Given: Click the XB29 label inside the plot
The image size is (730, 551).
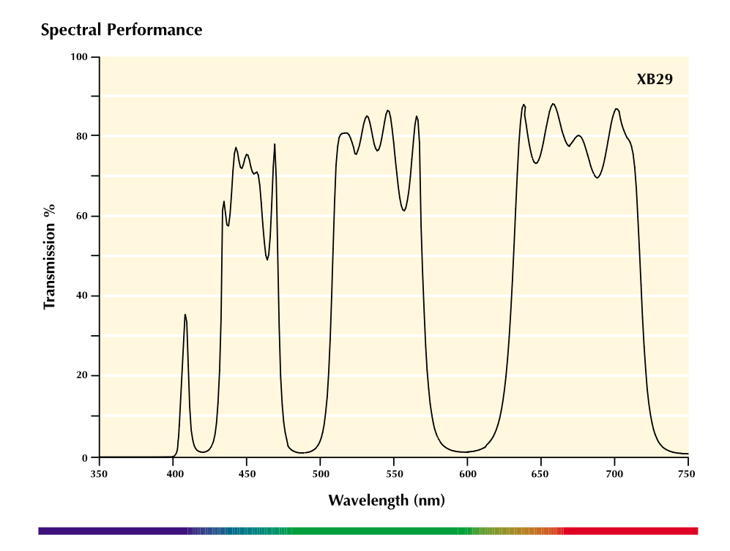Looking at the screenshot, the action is click(655, 79).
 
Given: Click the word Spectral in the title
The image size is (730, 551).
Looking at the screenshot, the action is click(71, 30).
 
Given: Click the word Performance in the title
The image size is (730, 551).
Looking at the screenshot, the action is click(154, 30).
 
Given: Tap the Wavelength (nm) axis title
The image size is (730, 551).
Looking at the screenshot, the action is click(387, 501).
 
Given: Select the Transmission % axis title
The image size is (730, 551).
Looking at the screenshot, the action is click(49, 256).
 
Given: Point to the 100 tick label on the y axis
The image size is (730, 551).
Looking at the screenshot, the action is click(78, 57).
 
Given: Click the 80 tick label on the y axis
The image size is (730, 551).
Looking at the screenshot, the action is click(81, 136).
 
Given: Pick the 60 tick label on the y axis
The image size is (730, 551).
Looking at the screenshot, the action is click(81, 216).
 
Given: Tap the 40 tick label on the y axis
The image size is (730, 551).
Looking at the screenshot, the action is click(81, 296).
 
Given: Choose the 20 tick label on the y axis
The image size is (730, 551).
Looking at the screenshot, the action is click(81, 375).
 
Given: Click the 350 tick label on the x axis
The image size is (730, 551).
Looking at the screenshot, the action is click(99, 473).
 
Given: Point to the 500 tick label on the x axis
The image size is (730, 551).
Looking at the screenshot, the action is click(320, 473).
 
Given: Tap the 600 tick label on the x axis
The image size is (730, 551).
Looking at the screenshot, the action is click(467, 473).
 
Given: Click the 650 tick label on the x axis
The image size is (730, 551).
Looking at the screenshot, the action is click(540, 473).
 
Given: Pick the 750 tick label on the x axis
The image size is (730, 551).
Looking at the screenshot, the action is click(687, 473).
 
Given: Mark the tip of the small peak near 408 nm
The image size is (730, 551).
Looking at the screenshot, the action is click(185, 315).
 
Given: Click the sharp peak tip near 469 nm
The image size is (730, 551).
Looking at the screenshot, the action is click(275, 144).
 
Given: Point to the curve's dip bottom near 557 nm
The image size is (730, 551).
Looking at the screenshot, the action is click(403, 211).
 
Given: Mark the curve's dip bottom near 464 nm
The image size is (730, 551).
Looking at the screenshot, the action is click(267, 260).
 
